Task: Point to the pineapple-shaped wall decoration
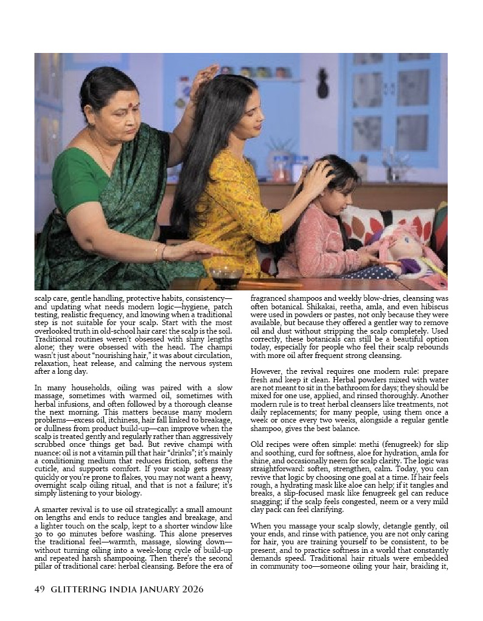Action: coord(322,83)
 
